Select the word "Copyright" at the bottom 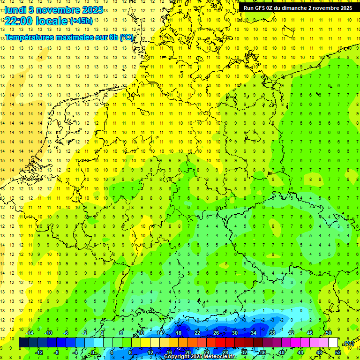tap(177, 357)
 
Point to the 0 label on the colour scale tap(93, 352)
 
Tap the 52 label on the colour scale tap(338, 352)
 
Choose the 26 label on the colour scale tap(216, 333)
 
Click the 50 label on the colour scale tap(329, 333)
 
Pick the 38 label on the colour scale tap(272, 333)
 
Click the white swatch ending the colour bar tap(333, 343)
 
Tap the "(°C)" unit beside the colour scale tap(349, 343)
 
